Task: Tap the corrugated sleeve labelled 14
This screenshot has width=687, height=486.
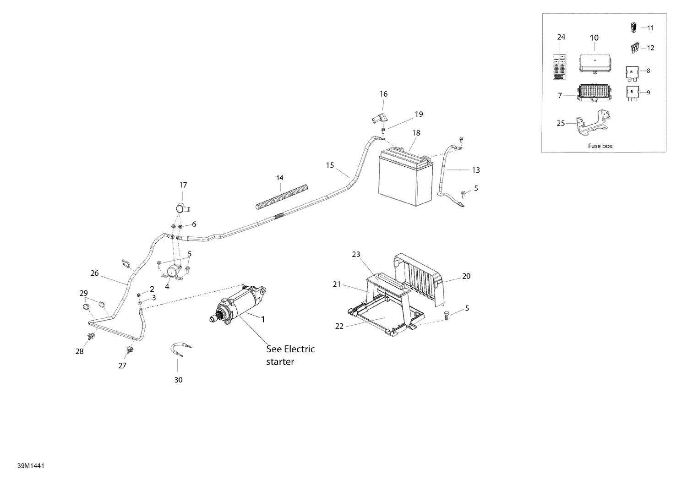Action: click(282, 197)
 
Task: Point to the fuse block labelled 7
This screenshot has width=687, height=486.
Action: click(594, 93)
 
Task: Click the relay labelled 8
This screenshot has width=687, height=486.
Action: click(631, 74)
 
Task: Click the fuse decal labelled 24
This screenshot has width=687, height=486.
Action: click(560, 67)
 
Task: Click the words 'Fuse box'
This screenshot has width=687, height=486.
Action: click(600, 146)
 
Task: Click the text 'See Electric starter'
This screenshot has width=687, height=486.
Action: click(290, 355)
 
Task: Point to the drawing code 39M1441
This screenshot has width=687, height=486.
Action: click(31, 466)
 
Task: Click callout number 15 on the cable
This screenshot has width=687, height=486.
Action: click(330, 165)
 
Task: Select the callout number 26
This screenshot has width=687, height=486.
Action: click(94, 273)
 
